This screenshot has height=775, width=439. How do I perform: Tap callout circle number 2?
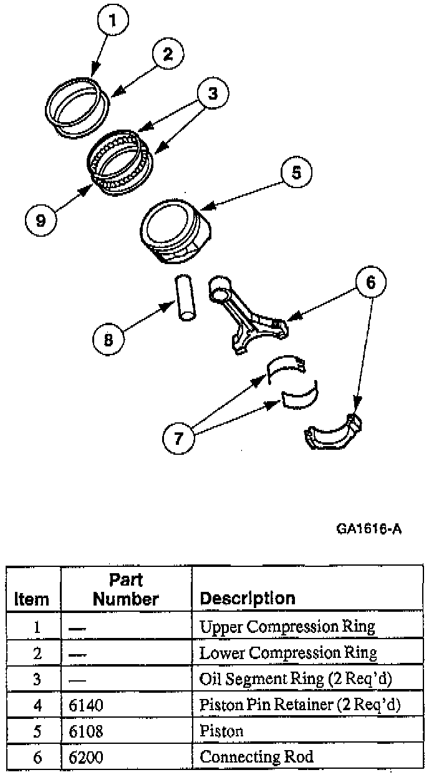point(166,54)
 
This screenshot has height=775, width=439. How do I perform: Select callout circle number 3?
point(213,94)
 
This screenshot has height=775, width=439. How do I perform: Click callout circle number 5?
point(296,173)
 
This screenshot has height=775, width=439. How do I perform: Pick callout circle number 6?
point(370,283)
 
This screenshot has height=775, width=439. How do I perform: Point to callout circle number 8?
point(109,340)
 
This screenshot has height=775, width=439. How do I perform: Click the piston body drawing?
point(174,232)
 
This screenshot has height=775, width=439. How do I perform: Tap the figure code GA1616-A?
point(368,530)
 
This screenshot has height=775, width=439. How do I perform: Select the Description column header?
point(247,598)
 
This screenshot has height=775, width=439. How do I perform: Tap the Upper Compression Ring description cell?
point(287,626)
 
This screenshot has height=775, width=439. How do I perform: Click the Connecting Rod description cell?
point(256,757)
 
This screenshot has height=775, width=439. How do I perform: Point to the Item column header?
point(32,599)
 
